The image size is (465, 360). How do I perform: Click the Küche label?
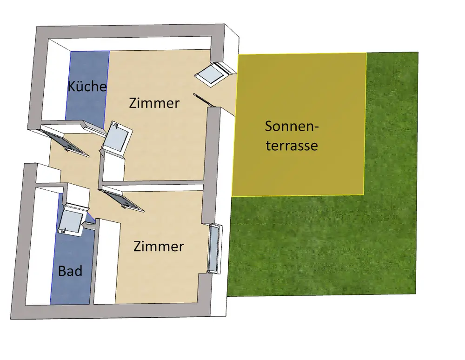coord(87,87)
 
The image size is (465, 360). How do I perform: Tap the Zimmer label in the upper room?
coord(154,103)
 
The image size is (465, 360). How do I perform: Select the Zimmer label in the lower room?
coord(159,246)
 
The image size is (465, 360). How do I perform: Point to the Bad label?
coord(70,271)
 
